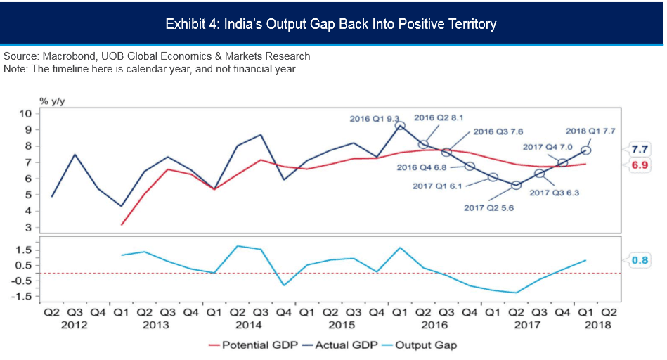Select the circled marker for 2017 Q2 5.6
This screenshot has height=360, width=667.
(516, 186)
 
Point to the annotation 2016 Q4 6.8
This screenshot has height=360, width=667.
(422, 167)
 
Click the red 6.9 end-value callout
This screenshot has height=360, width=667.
(640, 165)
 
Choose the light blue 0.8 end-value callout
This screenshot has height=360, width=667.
(640, 260)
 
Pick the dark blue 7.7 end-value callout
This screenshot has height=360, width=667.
(640, 149)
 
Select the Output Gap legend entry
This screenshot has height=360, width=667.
(420, 345)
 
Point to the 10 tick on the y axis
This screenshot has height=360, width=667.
(25, 113)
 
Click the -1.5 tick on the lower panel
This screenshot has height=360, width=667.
(22, 296)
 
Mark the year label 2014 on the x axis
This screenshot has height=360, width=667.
(249, 325)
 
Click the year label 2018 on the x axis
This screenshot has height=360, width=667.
(597, 325)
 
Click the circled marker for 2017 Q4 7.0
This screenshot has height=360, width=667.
(562, 163)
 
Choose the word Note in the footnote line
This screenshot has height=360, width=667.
(15, 68)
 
